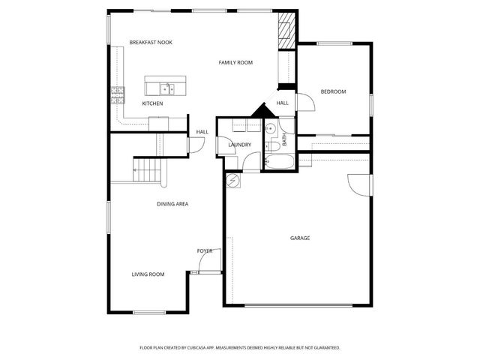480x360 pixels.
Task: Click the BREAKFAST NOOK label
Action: [151, 43]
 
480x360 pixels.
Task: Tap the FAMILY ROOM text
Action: [235, 62]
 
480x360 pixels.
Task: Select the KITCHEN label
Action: [152, 103]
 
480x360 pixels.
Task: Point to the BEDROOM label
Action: [333, 91]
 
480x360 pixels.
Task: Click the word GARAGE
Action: [300, 238]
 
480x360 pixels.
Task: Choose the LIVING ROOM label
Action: [148, 274]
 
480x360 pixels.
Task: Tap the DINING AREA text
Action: [172, 204]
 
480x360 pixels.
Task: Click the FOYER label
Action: [204, 250]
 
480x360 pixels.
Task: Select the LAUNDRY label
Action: [239, 145]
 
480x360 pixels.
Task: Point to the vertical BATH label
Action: [285, 139]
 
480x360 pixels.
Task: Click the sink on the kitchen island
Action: [166, 88]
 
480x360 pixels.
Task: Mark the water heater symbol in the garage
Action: [233, 181]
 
